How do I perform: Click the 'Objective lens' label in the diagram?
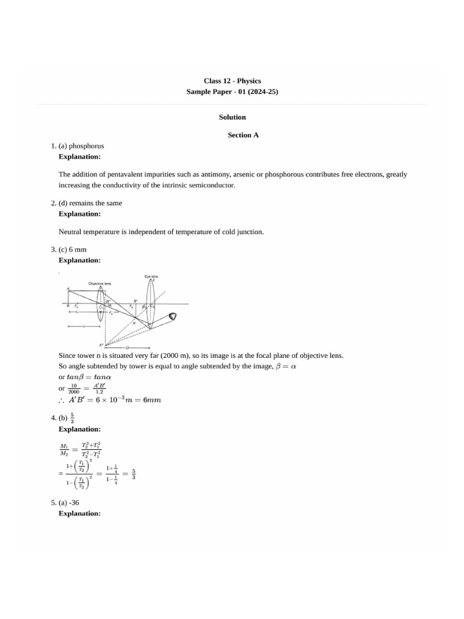100,283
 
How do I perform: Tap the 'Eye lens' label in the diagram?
151,277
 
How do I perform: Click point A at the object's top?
68,288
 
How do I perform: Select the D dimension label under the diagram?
127,348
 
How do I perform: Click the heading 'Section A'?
243,135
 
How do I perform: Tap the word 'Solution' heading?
232,117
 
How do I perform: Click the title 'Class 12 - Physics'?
232,80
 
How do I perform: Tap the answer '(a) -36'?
74,503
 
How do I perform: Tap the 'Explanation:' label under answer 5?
79,513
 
